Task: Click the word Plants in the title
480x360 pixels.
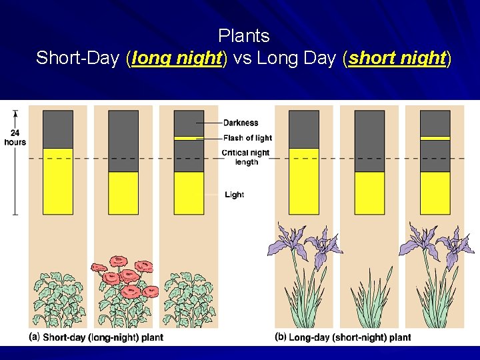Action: tap(243, 36)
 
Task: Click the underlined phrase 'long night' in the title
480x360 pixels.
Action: tap(177, 59)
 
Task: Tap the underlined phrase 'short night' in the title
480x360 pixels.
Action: tap(397, 59)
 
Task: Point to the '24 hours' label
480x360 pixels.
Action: tap(15, 137)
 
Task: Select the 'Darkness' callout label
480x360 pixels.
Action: tap(241, 123)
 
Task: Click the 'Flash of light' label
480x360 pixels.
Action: tap(247, 138)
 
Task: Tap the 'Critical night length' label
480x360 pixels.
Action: tap(246, 157)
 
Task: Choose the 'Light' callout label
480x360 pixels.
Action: tap(234, 195)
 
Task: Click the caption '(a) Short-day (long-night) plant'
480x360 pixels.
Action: tap(97, 337)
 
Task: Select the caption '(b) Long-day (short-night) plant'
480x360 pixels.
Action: tap(343, 337)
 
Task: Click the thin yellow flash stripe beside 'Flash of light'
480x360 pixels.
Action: tap(189, 138)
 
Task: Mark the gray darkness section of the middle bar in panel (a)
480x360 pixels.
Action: tap(123, 141)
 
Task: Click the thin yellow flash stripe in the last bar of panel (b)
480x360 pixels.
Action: tap(435, 138)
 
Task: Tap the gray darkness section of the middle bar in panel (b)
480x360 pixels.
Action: tap(369, 141)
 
